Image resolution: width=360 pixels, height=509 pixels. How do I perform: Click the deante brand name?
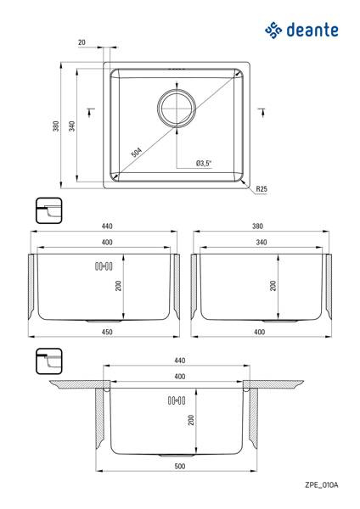[x=312, y=31]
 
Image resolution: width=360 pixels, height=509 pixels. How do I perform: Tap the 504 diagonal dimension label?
[x=137, y=152]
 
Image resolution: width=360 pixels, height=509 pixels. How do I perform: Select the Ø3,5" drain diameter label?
[x=204, y=163]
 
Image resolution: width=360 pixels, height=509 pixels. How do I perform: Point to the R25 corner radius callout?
[x=262, y=188]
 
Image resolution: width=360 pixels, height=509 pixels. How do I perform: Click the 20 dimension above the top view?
[x=82, y=42]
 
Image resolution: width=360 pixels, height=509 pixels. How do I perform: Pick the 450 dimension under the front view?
[x=107, y=332]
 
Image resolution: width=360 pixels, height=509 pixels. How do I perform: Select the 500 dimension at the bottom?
[x=180, y=466]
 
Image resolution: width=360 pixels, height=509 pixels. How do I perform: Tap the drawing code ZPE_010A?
[x=321, y=485]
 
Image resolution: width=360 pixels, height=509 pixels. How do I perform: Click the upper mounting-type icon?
[x=48, y=210]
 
